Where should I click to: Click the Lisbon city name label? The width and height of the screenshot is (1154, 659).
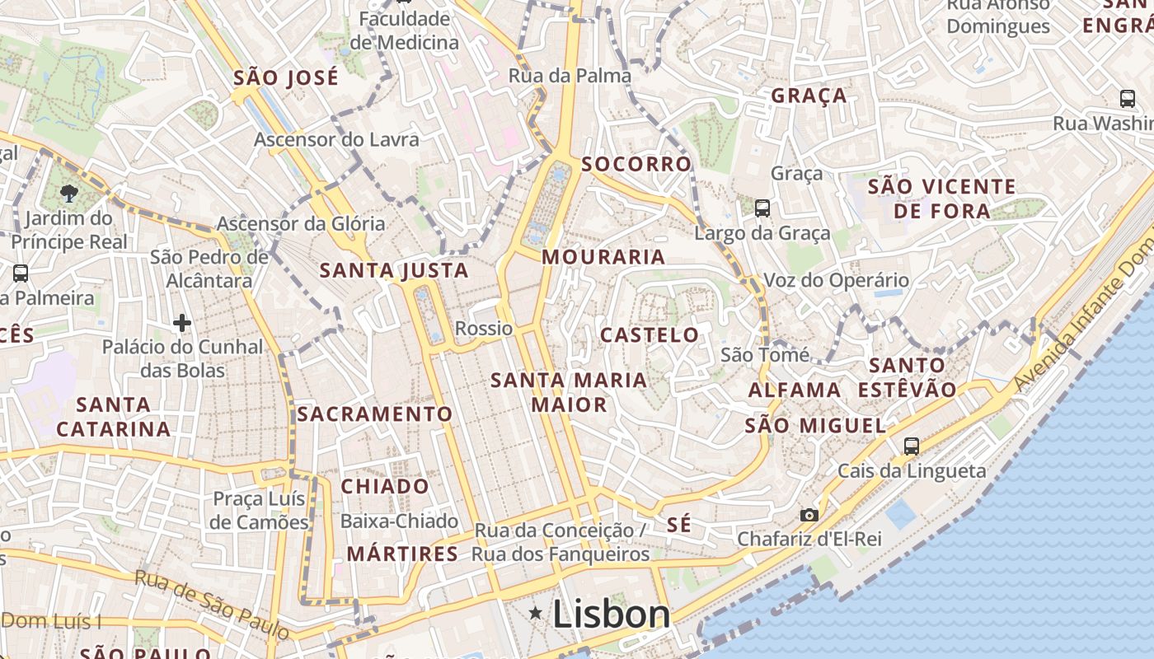(611, 615)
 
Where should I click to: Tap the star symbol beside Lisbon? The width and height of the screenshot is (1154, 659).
(536, 612)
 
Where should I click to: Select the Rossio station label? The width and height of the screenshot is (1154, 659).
(484, 329)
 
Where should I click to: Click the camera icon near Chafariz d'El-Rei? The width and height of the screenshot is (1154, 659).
(809, 515)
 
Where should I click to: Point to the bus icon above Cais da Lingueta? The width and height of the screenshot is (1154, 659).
(911, 446)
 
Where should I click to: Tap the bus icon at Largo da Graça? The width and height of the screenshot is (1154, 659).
(762, 208)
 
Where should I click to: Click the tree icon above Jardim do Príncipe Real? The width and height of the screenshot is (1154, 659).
(69, 194)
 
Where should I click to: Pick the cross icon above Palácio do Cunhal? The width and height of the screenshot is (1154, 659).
(182, 322)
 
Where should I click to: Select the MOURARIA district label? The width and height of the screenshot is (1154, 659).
(603, 257)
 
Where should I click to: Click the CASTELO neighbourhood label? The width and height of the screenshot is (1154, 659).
(650, 335)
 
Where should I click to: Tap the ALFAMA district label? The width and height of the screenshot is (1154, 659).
(795, 390)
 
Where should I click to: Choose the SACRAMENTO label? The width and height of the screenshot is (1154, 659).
(375, 414)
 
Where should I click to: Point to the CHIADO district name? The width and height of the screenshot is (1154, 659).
(385, 486)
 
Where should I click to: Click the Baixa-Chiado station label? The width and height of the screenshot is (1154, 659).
(399, 521)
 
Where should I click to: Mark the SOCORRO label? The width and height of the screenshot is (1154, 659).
(636, 164)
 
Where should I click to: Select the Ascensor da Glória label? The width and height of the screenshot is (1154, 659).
(301, 223)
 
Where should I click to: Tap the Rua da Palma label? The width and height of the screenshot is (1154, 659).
(570, 76)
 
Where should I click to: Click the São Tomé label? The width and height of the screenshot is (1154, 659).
(765, 355)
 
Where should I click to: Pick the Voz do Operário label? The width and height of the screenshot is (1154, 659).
(836, 280)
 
